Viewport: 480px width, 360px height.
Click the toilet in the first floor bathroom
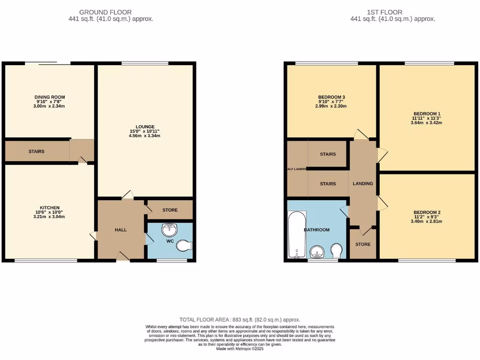pos(337,251)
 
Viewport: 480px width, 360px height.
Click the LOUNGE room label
pos(145,127)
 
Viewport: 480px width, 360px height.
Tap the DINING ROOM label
pos(50,97)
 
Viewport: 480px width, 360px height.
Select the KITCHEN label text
pos(50,208)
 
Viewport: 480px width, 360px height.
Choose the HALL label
pos(120,230)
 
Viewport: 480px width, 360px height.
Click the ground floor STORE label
pos(170,210)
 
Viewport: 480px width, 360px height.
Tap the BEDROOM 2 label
pos(427,212)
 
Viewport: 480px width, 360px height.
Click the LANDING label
pos(363,184)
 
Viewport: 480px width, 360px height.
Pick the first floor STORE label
pos(363,244)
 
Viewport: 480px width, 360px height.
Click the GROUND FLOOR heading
pos(105,12)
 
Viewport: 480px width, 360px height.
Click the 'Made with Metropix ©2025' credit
pos(240,348)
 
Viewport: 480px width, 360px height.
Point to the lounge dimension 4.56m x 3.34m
pos(145,136)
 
